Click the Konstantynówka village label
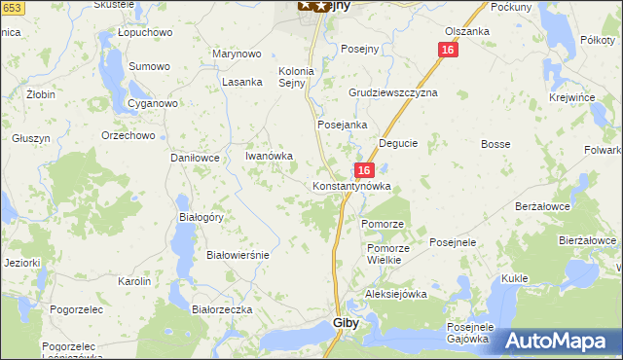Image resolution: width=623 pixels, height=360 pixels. coord(351,186)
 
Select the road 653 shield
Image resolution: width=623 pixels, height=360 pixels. coord(10,7)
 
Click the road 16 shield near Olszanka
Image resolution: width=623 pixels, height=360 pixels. coord(447,50)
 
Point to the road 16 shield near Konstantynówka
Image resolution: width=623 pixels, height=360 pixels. coord(362,169)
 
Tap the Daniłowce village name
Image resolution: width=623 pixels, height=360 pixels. coord(197,157)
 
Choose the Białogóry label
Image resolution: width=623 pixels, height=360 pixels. coord(201,217)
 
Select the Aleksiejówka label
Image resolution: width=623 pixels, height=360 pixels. coord(396,293)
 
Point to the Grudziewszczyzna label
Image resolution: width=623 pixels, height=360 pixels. coord(393,92)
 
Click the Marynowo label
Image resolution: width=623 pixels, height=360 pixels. coord(238,54)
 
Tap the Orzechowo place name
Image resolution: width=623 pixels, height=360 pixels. coord(128,135)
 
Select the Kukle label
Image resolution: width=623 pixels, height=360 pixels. coord(514,278)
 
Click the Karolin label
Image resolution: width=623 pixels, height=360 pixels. coord(133,281)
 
